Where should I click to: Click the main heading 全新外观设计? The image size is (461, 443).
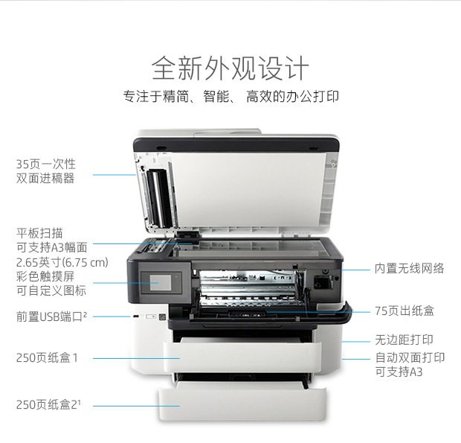pyautogui.click(x=230, y=68)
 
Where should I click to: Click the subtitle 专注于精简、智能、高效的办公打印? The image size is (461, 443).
pyautogui.click(x=230, y=97)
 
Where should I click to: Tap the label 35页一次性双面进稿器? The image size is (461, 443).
pyautogui.click(x=45, y=171)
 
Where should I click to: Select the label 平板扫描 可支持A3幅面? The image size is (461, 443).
pyautogui.click(x=52, y=240)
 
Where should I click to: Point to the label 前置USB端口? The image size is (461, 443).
pyautogui.click(x=51, y=316)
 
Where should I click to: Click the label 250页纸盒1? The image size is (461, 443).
pyautogui.click(x=47, y=358)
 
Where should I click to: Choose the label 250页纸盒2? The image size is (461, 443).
pyautogui.click(x=48, y=404)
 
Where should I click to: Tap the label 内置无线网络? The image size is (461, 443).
pyautogui.click(x=409, y=269)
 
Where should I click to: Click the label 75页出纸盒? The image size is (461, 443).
pyautogui.click(x=404, y=310)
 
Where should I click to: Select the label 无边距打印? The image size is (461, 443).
pyautogui.click(x=404, y=340)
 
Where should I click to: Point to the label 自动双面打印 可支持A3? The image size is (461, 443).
pyautogui.click(x=410, y=365)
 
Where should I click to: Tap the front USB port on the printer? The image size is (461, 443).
pyautogui.click(x=135, y=316)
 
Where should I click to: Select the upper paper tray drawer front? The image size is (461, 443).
pyautogui.click(x=242, y=357)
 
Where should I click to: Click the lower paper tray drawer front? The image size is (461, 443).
pyautogui.click(x=242, y=404)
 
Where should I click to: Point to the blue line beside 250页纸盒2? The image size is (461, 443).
pyautogui.click(x=136, y=406)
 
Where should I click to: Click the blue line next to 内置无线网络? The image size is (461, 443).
pyautogui.click(x=355, y=270)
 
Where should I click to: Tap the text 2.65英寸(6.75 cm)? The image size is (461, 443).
pyautogui.click(x=62, y=262)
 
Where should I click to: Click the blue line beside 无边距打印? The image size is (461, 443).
pyautogui.click(x=355, y=342)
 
